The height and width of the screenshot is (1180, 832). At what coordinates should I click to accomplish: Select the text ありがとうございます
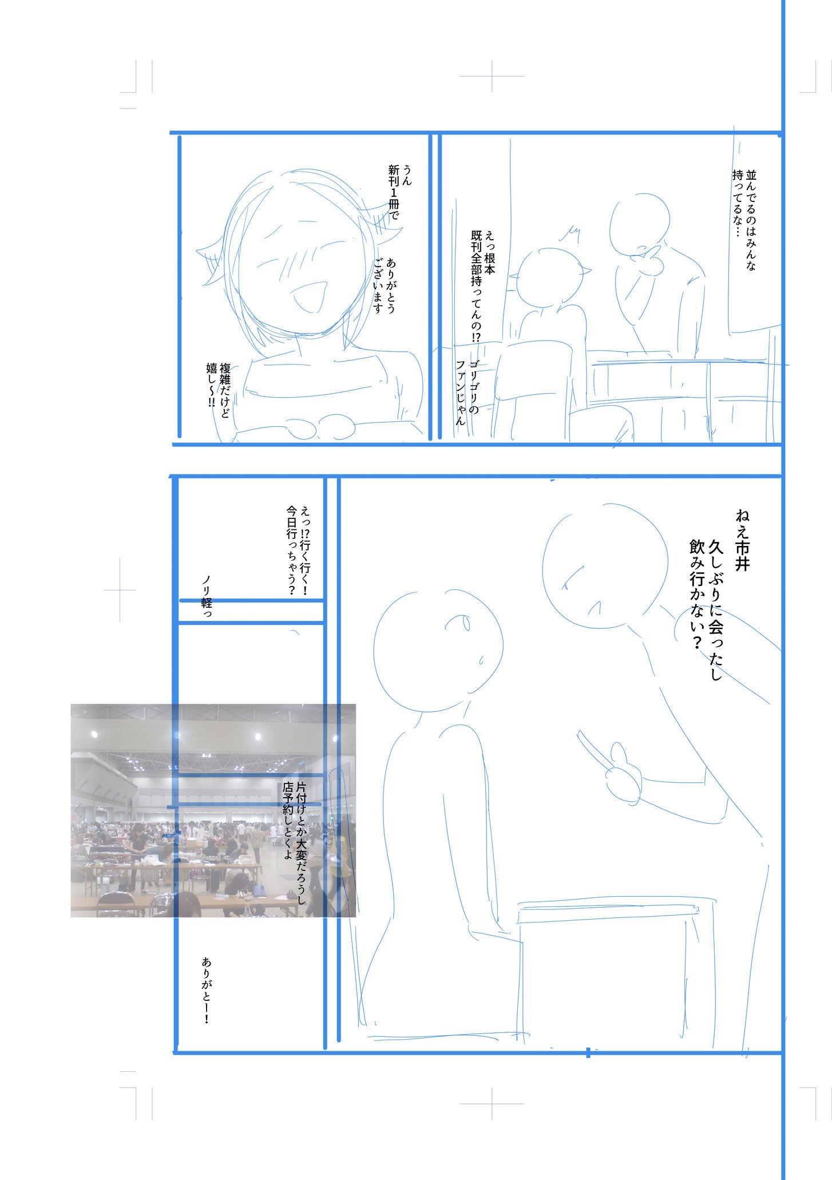[384, 286]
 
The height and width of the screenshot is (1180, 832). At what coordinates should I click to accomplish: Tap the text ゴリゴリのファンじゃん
[466, 393]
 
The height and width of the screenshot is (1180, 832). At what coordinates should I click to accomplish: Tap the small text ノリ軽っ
[207, 596]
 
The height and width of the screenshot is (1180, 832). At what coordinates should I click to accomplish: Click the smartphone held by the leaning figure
[592, 750]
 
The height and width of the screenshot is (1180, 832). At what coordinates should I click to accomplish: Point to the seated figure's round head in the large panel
[438, 652]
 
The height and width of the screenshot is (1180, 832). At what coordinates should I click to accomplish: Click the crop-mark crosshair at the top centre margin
[492, 76]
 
